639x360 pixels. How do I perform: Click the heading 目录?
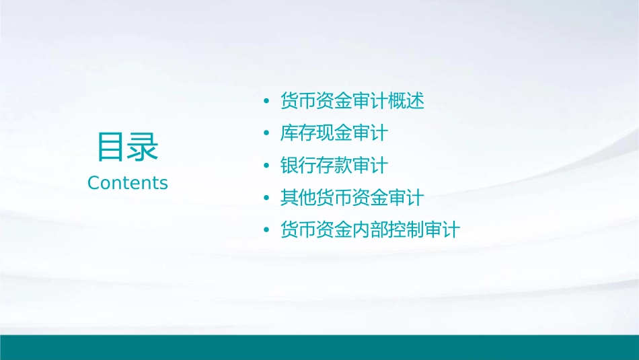point(128,147)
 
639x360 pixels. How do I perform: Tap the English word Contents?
point(128,183)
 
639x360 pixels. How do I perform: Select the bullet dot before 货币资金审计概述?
point(267,102)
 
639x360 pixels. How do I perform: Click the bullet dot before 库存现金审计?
point(267,133)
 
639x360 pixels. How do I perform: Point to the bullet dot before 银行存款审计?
point(267,166)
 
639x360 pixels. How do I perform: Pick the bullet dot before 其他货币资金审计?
point(267,198)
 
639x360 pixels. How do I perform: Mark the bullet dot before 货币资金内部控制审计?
point(267,230)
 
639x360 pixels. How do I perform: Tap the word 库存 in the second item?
point(298,133)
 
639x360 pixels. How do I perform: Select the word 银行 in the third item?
point(298,166)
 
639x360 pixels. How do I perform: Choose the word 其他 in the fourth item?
point(298,198)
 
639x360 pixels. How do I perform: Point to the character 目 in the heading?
point(112,147)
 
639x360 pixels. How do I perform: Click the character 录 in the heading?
point(143,147)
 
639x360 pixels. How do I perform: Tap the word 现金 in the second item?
point(334,133)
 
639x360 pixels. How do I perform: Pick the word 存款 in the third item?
point(334,166)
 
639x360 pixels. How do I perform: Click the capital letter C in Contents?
point(93,183)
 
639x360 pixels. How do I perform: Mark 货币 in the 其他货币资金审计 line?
point(334,198)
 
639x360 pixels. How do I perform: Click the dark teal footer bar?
point(319,347)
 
